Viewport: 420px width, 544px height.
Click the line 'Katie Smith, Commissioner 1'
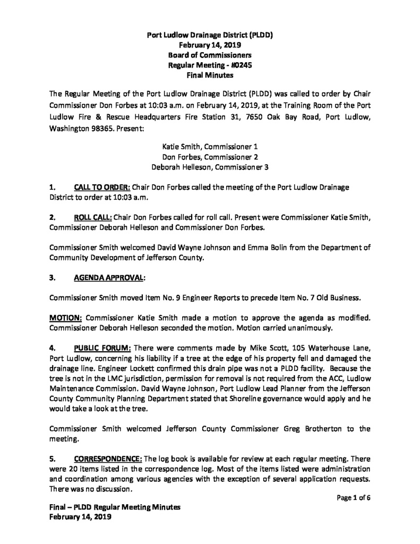coord(210,145)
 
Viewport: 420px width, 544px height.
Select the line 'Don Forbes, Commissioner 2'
coord(210,156)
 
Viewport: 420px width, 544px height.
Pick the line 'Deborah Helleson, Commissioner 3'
coord(210,166)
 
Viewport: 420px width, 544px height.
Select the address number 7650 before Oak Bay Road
coord(250,115)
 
